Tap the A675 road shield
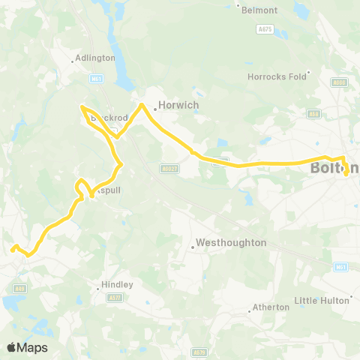coord(263,28)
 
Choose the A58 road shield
coord(313,114)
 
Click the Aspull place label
coord(108,190)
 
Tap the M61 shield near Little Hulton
coord(341,266)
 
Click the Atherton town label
coord(271,307)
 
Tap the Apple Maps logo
coord(27,347)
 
